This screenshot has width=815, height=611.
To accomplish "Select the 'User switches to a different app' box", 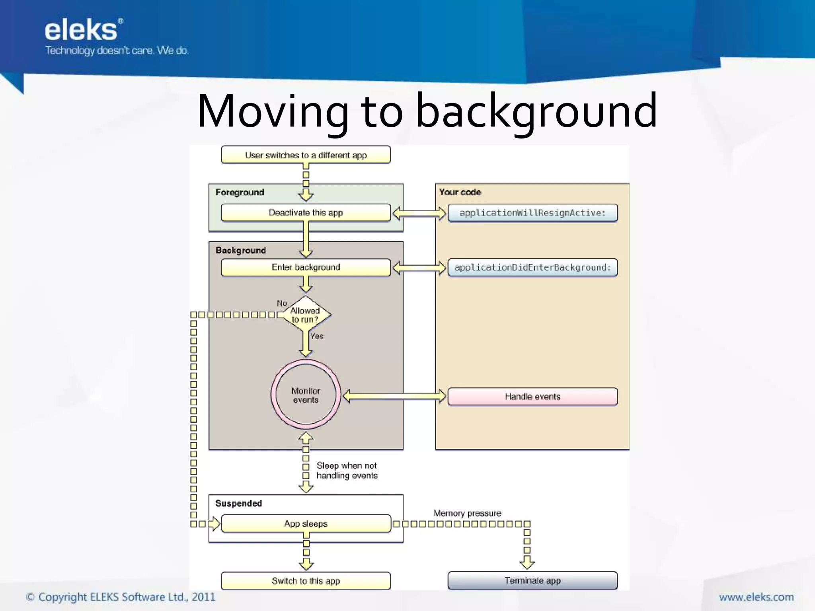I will coord(306,155).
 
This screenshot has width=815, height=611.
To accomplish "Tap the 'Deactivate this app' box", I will coord(306,213).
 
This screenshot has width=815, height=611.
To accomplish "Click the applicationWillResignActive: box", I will coord(532,213).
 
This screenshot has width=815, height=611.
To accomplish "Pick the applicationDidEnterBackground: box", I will coord(532,267).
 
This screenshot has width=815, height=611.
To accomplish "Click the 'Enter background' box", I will coord(306,267).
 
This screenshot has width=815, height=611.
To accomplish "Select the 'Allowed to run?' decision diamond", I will coord(305,315).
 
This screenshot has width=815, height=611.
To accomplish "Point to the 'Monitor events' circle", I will coord(306,395).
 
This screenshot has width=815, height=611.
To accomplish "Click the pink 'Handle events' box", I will coord(532,397).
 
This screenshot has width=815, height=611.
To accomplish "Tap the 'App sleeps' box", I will coord(306,523).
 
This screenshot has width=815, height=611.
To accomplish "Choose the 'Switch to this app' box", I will coord(306,581).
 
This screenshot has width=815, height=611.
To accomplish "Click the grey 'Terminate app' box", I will coord(532,580).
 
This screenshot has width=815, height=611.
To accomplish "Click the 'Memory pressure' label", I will coord(467,513).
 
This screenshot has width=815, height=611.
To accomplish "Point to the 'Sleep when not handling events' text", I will coord(347,471).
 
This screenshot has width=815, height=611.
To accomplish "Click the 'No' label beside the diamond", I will coord(282,303).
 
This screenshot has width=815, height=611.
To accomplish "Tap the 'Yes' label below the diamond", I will coord(317,336).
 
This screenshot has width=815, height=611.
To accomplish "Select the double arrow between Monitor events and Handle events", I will coord(394,396).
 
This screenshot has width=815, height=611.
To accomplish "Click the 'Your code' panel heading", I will coord(460,192).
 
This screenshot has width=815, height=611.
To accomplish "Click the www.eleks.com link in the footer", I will coord(756,597).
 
